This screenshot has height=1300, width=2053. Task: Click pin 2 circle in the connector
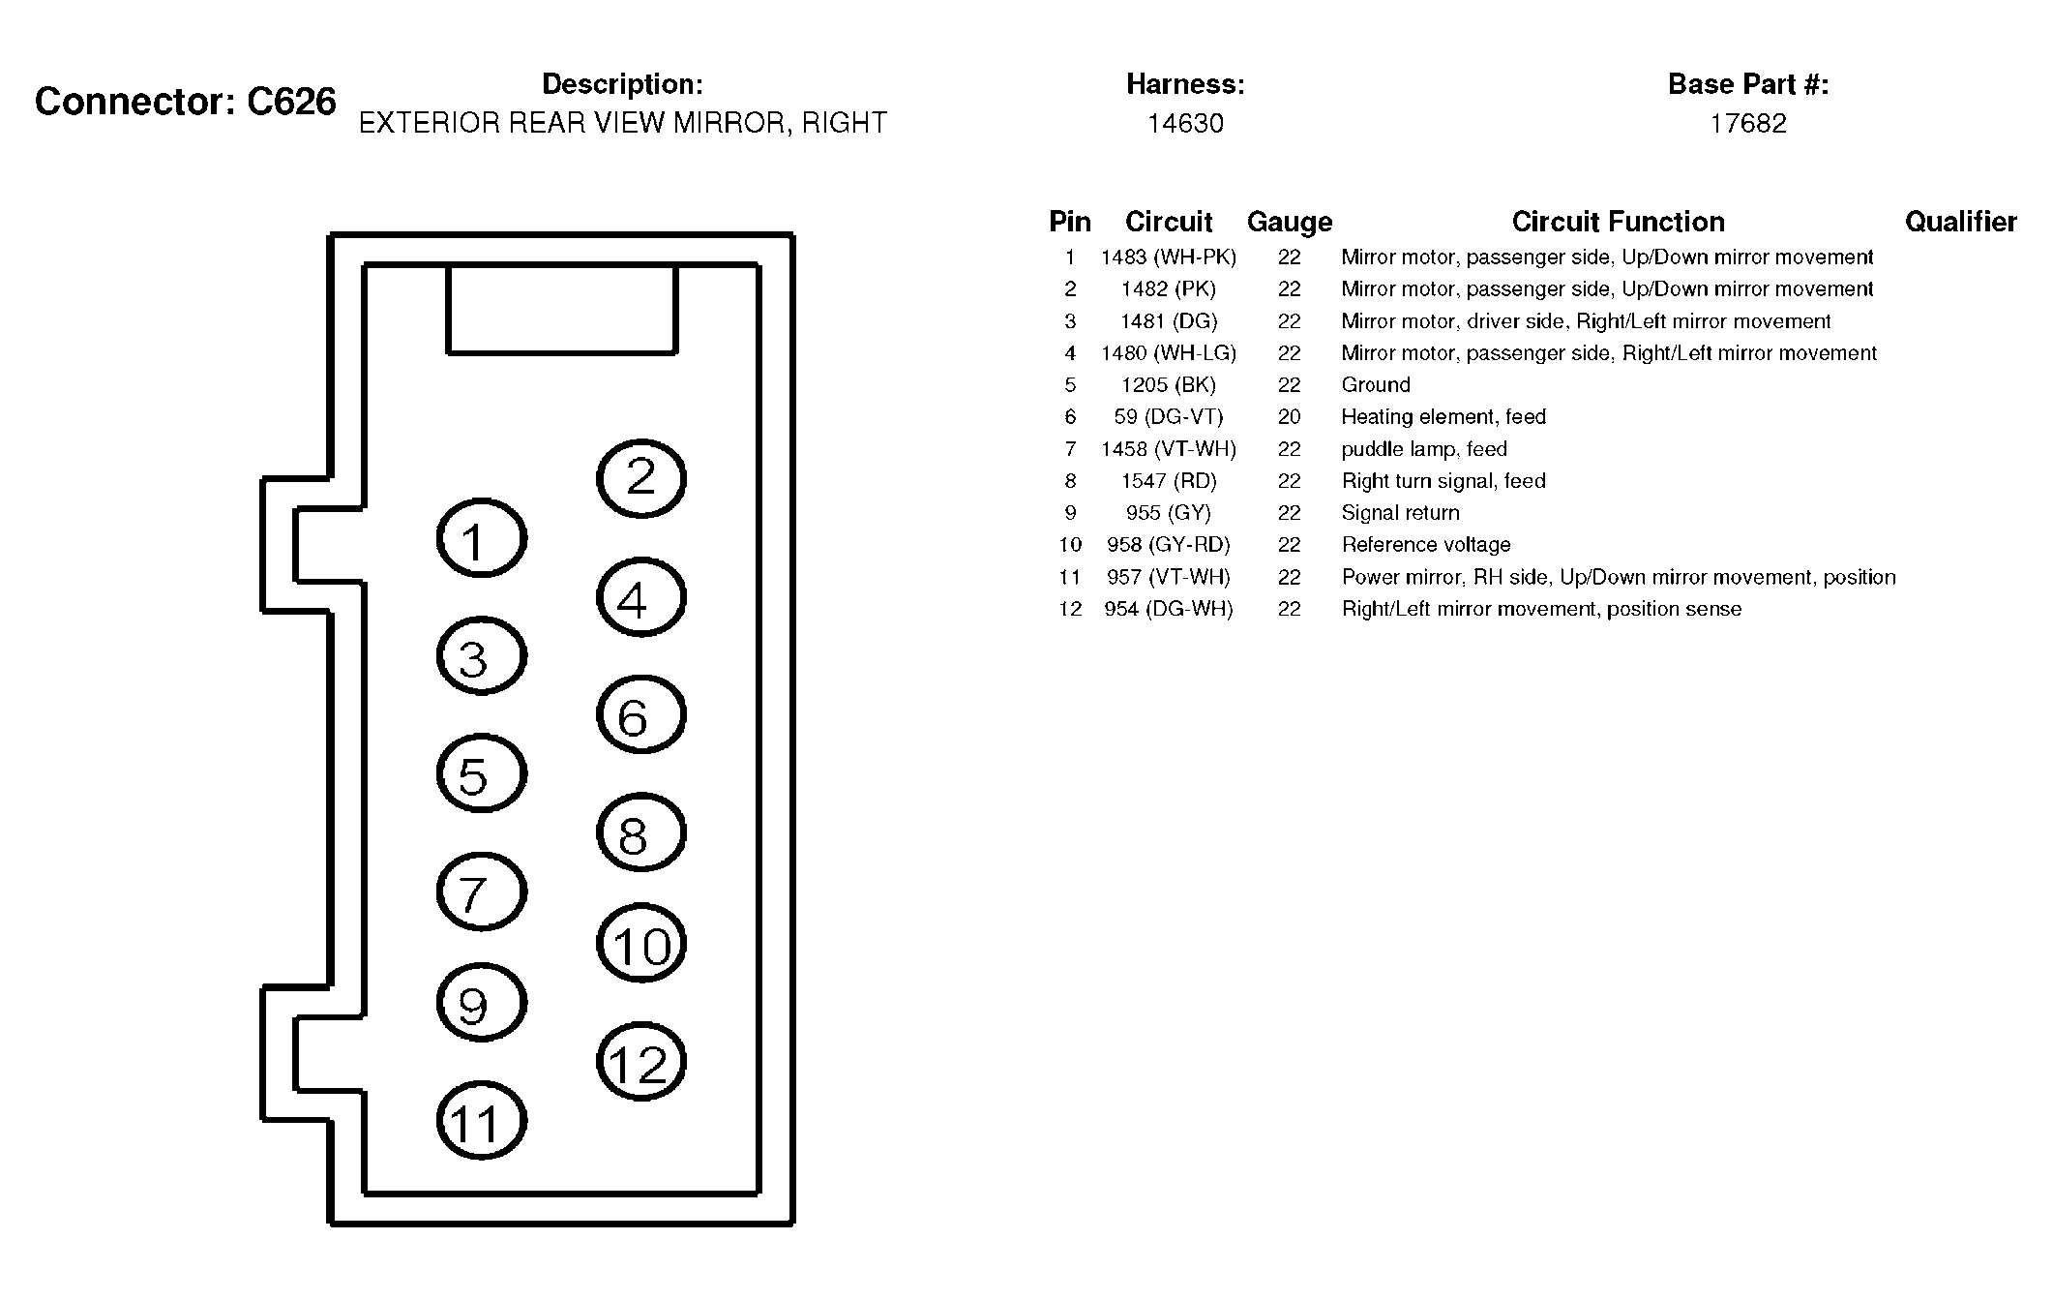click(x=641, y=478)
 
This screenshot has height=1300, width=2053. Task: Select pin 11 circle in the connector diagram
click(x=482, y=1121)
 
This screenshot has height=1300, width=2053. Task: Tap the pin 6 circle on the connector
click(x=641, y=715)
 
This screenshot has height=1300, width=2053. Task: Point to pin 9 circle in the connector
click(x=482, y=1003)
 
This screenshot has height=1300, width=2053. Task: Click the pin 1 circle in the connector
click(x=482, y=538)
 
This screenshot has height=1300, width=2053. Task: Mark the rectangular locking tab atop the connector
click(x=561, y=310)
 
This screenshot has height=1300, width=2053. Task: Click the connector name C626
click(x=291, y=102)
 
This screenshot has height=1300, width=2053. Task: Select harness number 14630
click(x=1185, y=124)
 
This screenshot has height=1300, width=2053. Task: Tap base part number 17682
click(x=1747, y=124)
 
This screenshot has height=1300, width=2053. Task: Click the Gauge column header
click(x=1289, y=223)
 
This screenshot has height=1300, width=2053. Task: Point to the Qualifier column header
click(x=1960, y=223)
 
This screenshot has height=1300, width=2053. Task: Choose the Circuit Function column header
click(x=1618, y=223)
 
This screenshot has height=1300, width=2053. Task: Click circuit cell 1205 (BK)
click(x=1168, y=385)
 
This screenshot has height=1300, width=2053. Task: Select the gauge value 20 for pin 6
click(x=1289, y=417)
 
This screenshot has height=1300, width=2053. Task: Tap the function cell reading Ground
click(x=1375, y=385)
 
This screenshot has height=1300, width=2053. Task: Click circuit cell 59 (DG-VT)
click(x=1168, y=417)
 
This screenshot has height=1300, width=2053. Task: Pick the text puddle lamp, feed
click(x=1423, y=449)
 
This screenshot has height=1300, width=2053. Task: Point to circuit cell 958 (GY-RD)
click(x=1168, y=545)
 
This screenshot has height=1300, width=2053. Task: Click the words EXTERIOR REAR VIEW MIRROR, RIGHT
click(x=622, y=124)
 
